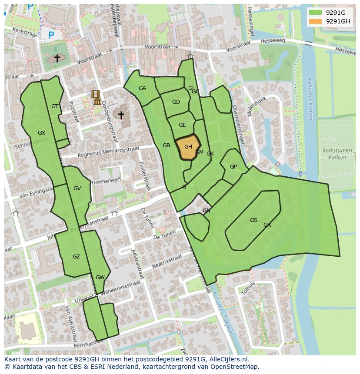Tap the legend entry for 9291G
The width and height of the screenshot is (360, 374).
point(335,13)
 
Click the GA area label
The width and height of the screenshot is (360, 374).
point(142,88)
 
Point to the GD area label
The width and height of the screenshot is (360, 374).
point(176,103)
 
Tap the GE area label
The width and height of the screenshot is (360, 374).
point(182,125)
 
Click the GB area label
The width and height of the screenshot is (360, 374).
point(166,146)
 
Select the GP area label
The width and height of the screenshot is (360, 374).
point(233,167)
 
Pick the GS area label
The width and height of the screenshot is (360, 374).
point(253,220)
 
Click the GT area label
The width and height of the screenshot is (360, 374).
point(55,106)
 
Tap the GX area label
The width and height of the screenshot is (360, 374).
point(41,133)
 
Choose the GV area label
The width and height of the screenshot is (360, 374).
point(77,189)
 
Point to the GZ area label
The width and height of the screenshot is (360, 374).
point(76,257)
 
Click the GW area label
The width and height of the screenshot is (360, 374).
point(100,278)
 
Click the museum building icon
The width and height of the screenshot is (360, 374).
point(97,98)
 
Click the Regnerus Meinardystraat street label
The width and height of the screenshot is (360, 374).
point(108,152)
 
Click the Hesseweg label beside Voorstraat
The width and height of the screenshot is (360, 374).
point(272,41)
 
